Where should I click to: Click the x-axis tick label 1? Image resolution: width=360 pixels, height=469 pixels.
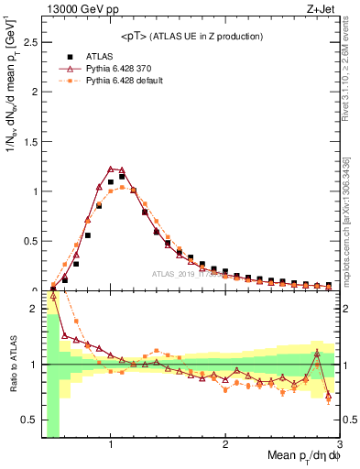point(111,445)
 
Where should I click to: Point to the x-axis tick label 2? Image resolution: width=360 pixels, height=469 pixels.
point(225,445)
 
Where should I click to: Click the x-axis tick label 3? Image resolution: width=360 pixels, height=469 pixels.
point(339,445)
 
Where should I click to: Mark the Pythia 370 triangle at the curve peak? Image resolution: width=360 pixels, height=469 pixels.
point(111,169)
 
